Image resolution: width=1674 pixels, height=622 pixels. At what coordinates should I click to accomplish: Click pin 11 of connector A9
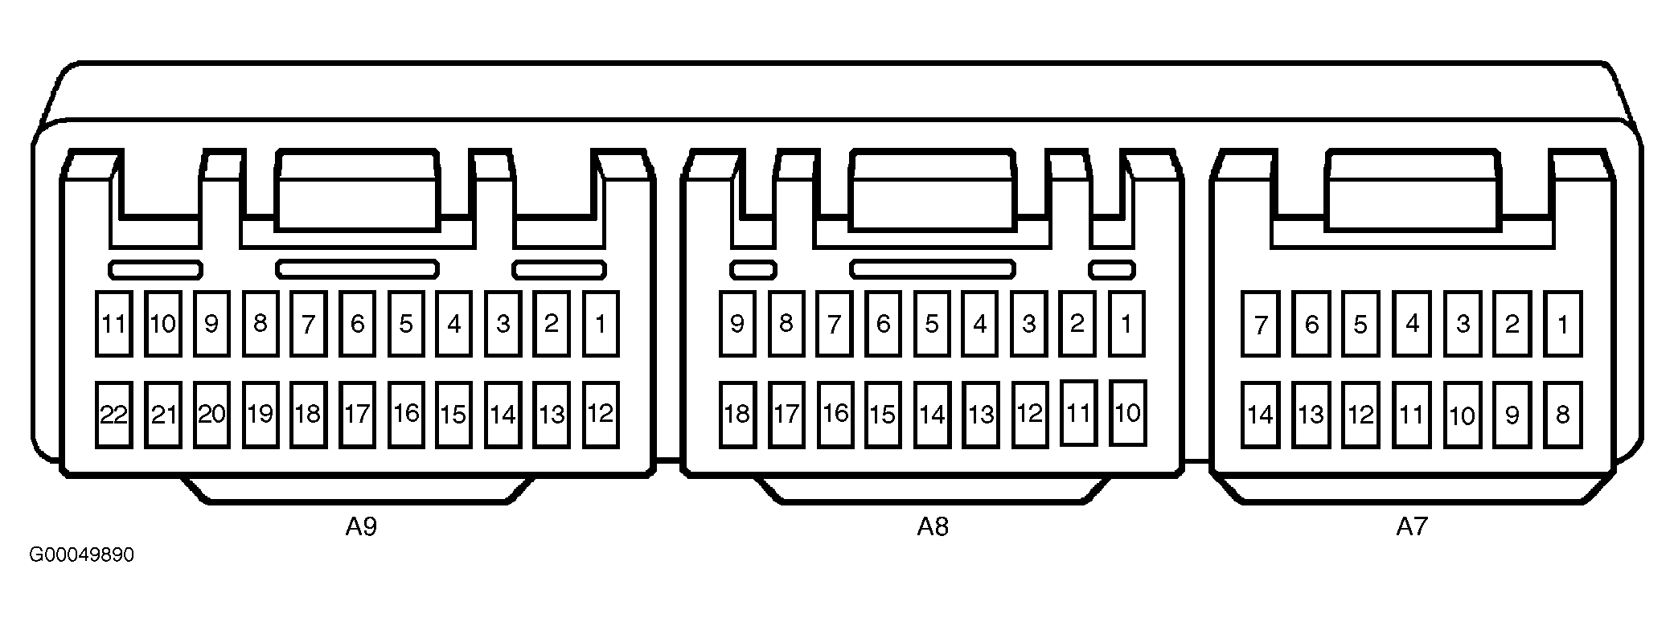point(113,324)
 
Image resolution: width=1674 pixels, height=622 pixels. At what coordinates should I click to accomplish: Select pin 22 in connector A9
point(113,415)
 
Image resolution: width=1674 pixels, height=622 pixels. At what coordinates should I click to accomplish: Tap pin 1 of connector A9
point(600,324)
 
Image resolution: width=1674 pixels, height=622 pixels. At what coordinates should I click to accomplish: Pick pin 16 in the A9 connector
point(406,415)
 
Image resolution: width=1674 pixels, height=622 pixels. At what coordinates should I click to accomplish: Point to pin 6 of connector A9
point(357,324)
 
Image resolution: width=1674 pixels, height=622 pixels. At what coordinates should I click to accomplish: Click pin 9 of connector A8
point(737,324)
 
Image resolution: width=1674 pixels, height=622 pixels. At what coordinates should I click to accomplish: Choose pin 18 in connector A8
point(737,415)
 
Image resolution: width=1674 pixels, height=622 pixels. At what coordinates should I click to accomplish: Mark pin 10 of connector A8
point(1127,413)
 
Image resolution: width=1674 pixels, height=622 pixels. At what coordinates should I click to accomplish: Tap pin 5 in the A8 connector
point(932,324)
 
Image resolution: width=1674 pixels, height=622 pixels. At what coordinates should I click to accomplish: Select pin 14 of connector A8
point(932,415)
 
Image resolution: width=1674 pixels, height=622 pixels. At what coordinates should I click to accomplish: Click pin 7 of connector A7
point(1260,324)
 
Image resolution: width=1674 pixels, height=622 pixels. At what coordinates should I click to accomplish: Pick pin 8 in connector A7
point(1562,415)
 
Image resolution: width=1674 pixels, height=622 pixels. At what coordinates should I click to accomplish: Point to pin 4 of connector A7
point(1412,324)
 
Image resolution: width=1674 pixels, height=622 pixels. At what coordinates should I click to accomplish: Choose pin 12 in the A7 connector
point(1360,415)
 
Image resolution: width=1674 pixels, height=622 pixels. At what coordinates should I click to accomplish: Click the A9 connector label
point(361,527)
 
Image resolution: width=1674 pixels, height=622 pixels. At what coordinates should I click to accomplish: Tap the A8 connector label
point(933,527)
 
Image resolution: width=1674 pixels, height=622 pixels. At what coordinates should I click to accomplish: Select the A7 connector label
point(1411,527)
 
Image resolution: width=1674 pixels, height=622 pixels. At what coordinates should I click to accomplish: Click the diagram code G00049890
point(82,555)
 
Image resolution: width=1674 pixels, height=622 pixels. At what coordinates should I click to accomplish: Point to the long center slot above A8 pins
point(933,268)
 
